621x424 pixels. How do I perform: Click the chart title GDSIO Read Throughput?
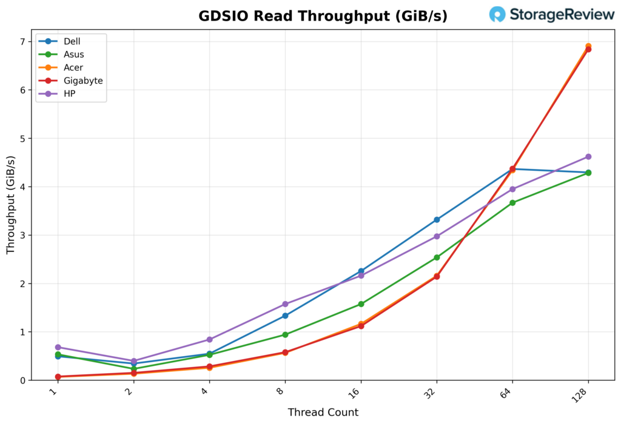(323, 16)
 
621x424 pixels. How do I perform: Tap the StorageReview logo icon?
(497, 15)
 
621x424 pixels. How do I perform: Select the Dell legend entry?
(72, 42)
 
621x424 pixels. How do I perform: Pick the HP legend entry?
(69, 94)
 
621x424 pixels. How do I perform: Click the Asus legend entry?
(73, 55)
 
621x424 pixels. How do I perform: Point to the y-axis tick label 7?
(24, 42)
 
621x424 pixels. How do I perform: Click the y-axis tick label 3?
(24, 235)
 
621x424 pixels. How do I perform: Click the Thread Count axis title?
(323, 412)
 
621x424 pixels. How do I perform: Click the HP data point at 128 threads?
(588, 157)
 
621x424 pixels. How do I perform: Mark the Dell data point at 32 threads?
(437, 220)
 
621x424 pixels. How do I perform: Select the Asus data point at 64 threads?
(512, 203)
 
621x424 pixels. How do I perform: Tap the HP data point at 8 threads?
(285, 304)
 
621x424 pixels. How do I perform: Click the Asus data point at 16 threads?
(361, 304)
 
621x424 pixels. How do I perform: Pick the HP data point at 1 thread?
(58, 348)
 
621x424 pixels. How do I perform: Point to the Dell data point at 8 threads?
(285, 316)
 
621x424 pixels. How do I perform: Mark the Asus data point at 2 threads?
(133, 369)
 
